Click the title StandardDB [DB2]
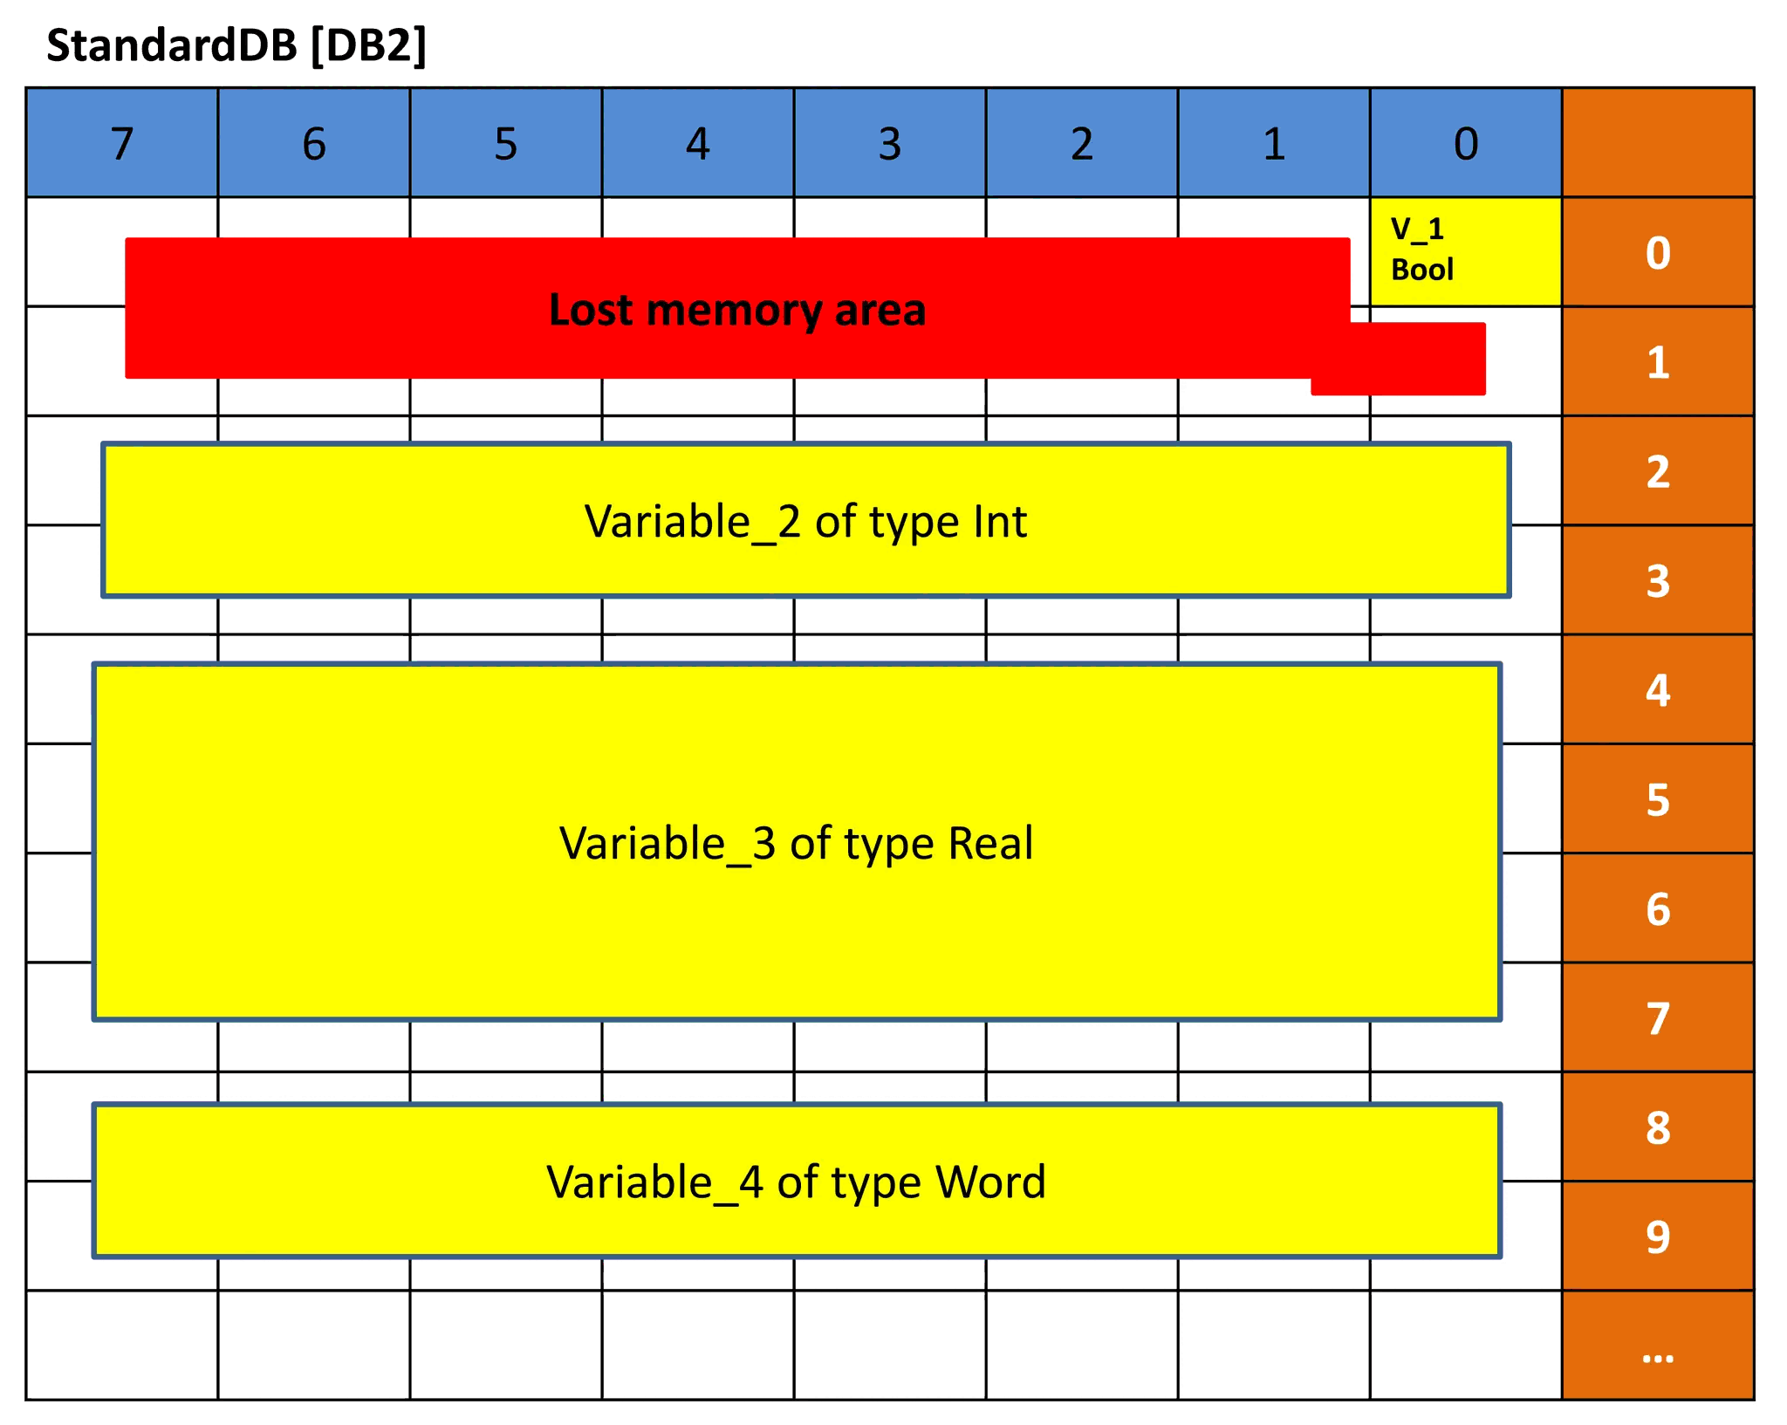click(236, 45)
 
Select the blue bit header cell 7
click(122, 143)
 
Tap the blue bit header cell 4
click(698, 143)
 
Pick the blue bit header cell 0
click(1466, 143)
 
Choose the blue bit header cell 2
click(1082, 143)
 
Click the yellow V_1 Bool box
click(1466, 251)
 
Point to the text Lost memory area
click(737, 310)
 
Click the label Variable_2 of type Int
click(805, 522)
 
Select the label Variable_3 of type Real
click(796, 844)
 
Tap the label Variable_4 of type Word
click(796, 1182)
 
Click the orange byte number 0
click(1658, 253)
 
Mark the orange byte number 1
click(1658, 362)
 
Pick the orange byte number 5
click(1658, 800)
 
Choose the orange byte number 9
click(1658, 1237)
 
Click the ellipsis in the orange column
click(1658, 1358)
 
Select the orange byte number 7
click(1658, 1018)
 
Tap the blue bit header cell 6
click(314, 143)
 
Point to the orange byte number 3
click(1658, 581)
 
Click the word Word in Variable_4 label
click(990, 1182)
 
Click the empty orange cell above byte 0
click(1658, 142)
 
